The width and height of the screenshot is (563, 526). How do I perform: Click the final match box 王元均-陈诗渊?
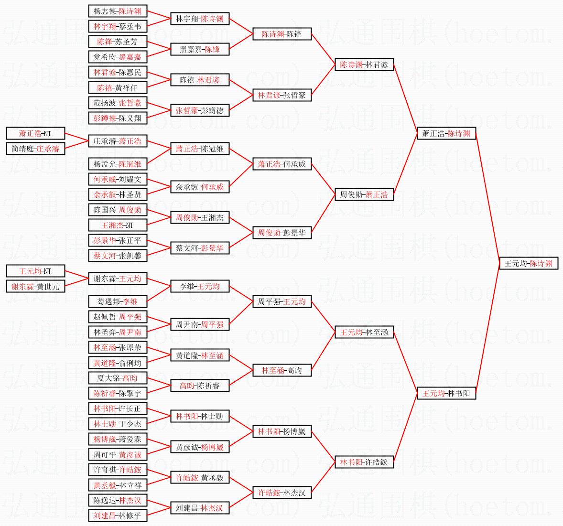pyautogui.click(x=529, y=263)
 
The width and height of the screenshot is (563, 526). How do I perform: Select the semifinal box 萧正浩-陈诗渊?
pyautogui.click(x=446, y=133)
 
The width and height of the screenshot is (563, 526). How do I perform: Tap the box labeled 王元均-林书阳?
pyautogui.click(x=446, y=393)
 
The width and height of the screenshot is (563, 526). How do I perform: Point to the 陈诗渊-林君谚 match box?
pyautogui.click(x=364, y=64)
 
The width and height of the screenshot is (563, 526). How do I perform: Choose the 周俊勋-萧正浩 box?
pyautogui.click(x=364, y=194)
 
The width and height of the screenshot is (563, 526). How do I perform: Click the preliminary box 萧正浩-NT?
pyautogui.click(x=35, y=133)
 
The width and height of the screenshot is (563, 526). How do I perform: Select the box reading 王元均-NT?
pyautogui.click(x=35, y=271)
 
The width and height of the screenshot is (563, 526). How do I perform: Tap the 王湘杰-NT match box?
pyautogui.click(x=118, y=225)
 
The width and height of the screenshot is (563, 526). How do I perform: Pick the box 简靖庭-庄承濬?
pyautogui.click(x=35, y=149)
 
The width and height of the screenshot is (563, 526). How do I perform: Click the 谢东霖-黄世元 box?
pyautogui.click(x=35, y=286)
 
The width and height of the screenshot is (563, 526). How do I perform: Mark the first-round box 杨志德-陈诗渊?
pyautogui.click(x=118, y=11)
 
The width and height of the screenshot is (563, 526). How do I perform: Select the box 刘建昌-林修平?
pyautogui.click(x=118, y=515)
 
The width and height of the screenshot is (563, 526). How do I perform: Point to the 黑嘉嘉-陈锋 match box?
pyautogui.click(x=200, y=49)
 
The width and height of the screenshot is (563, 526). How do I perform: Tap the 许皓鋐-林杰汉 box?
pyautogui.click(x=282, y=493)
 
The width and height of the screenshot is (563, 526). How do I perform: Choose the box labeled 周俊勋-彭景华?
pyautogui.click(x=282, y=233)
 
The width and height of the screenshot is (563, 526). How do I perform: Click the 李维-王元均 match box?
pyautogui.click(x=200, y=286)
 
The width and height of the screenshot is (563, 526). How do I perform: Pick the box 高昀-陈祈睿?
pyautogui.click(x=200, y=386)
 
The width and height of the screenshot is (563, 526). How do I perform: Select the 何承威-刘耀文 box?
pyautogui.click(x=118, y=179)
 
